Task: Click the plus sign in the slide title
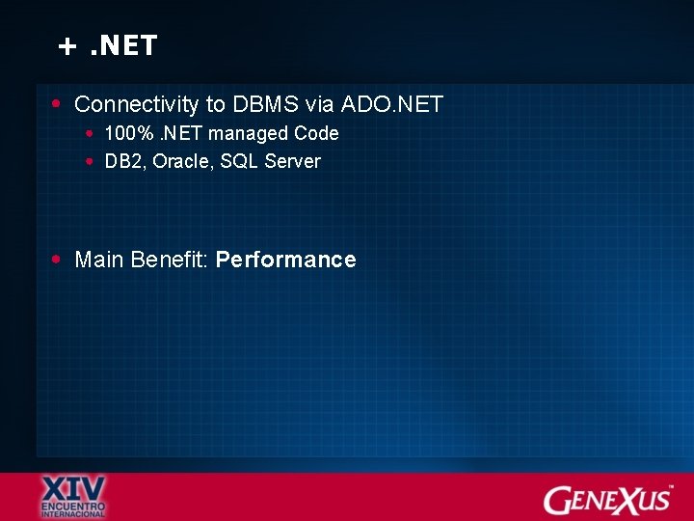click(67, 46)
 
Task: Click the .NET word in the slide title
click(123, 45)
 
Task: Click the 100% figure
click(122, 133)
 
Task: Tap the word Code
click(316, 133)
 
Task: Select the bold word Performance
click(286, 260)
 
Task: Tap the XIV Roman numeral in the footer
click(73, 487)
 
